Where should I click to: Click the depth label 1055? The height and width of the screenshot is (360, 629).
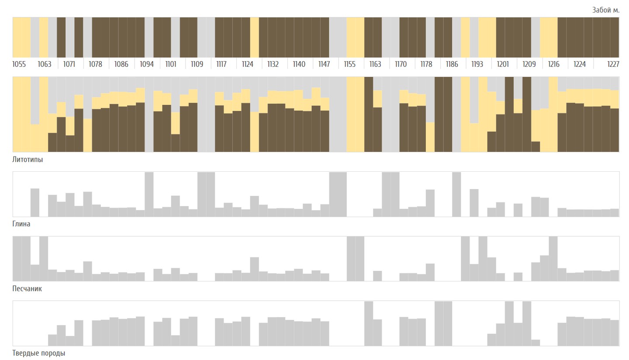(x=19, y=64)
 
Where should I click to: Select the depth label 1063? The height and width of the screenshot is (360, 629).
(x=45, y=64)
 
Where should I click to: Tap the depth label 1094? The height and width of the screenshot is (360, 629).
(x=147, y=64)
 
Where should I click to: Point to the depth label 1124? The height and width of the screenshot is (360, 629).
(x=248, y=64)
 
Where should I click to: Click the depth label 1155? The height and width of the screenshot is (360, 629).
(x=350, y=64)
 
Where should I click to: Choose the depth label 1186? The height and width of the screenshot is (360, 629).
(x=452, y=64)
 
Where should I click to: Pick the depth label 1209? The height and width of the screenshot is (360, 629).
(x=529, y=64)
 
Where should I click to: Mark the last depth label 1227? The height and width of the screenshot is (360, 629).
(x=613, y=64)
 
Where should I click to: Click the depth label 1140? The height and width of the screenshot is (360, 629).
(x=299, y=64)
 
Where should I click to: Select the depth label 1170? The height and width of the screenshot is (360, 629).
(x=401, y=64)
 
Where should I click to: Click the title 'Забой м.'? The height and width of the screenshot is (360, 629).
(x=606, y=10)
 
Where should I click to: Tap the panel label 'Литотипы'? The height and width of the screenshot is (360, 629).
(x=28, y=159)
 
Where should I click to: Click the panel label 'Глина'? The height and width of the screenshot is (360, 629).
(x=21, y=224)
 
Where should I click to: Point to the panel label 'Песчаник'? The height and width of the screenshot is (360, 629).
(x=27, y=288)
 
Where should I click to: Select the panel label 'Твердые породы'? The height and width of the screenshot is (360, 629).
(x=39, y=353)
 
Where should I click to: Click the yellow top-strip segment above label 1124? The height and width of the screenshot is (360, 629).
(x=254, y=37)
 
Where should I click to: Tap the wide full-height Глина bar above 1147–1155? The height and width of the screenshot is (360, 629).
(x=338, y=194)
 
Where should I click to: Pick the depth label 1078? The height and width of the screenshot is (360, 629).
(x=96, y=64)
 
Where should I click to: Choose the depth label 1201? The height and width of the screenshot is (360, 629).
(x=503, y=64)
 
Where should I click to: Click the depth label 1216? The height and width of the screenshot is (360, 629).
(x=554, y=64)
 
